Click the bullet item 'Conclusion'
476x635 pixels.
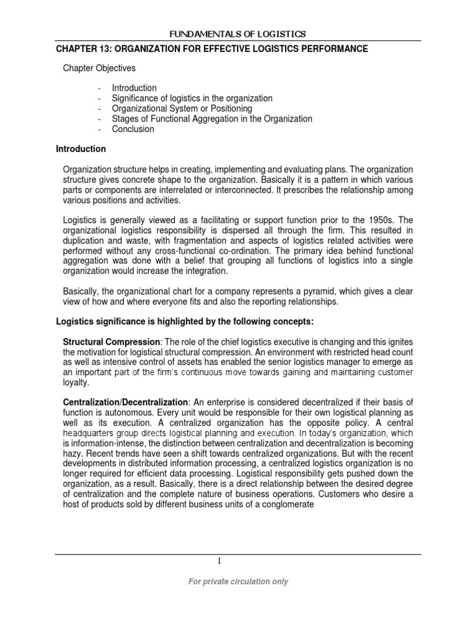pyautogui.click(x=133, y=130)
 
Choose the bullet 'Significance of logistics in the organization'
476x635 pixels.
pyautogui.click(x=192, y=98)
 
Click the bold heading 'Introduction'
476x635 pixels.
pyautogui.click(x=81, y=149)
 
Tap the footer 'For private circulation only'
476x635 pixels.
pyautogui.click(x=238, y=582)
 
